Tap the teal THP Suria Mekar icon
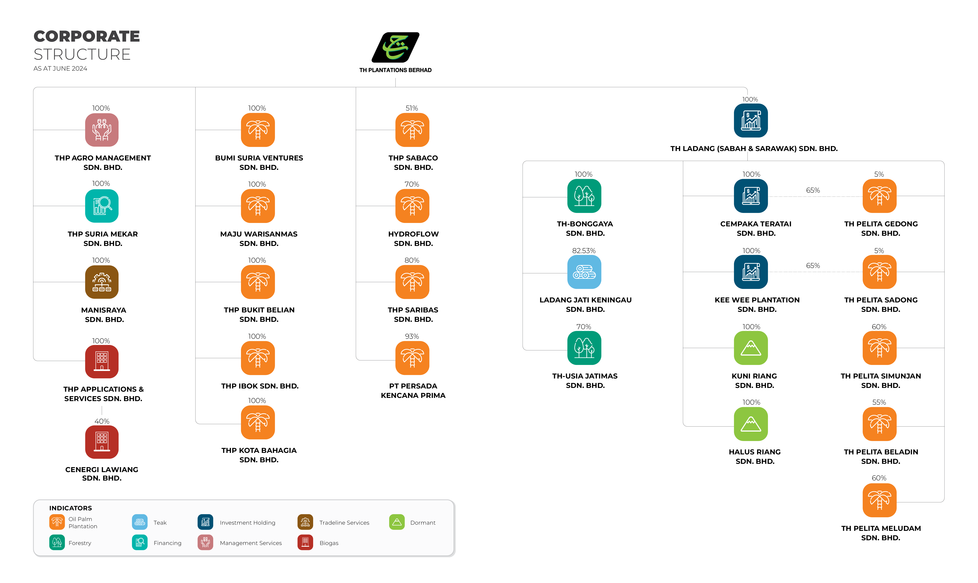[x=102, y=206]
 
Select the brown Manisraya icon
[x=102, y=282]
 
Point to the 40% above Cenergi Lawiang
[x=102, y=421]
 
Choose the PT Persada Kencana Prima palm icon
[x=412, y=358]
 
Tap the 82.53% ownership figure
[x=584, y=251]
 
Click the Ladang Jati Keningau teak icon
[x=584, y=272]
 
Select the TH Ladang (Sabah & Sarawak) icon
[x=751, y=121]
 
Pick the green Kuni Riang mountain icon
[x=751, y=348]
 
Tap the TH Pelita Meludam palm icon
[x=879, y=500]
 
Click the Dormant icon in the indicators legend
[x=397, y=522]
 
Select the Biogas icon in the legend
[x=305, y=543]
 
